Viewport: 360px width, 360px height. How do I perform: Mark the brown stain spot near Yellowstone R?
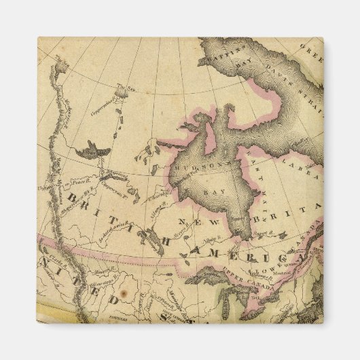coord(124,299)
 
